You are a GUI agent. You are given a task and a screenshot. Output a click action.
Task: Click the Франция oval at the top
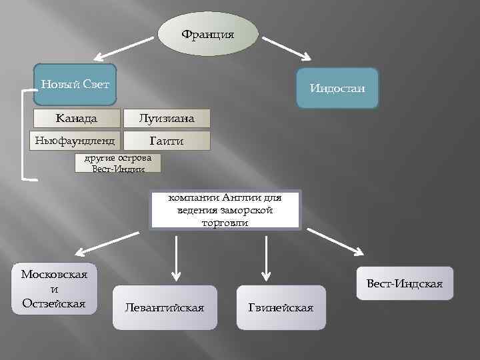click(x=208, y=34)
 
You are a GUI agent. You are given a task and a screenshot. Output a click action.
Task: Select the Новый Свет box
click(x=75, y=84)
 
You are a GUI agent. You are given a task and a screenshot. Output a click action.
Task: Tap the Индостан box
click(x=337, y=88)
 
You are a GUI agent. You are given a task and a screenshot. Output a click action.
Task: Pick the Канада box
click(x=77, y=119)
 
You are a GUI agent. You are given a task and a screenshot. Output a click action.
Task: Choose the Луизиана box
click(x=167, y=119)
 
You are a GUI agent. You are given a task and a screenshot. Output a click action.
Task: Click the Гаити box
click(x=167, y=141)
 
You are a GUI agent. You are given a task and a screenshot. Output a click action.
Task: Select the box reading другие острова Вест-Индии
click(x=118, y=163)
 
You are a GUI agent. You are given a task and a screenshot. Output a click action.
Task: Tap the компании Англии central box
click(x=225, y=210)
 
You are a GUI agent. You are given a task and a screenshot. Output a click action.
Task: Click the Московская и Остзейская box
click(x=54, y=289)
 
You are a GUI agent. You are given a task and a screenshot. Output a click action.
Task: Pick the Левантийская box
click(x=165, y=307)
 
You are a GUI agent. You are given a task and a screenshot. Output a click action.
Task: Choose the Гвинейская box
click(x=281, y=307)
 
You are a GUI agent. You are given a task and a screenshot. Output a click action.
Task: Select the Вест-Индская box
click(x=405, y=283)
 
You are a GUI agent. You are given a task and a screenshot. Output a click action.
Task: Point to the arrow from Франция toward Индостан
click(x=290, y=50)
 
